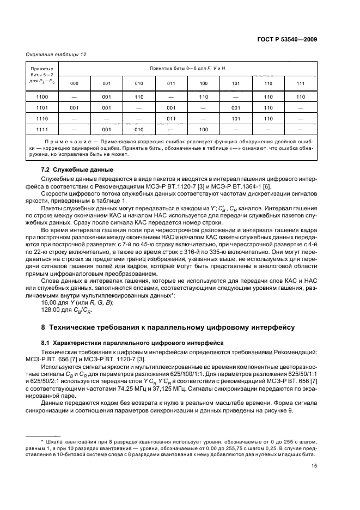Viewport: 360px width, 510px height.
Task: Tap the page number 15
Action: click(314, 465)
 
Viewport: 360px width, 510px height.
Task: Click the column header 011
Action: click(171, 83)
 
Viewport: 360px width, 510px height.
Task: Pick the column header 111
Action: click(300, 83)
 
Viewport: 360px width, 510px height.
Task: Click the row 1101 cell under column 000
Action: click(75, 108)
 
